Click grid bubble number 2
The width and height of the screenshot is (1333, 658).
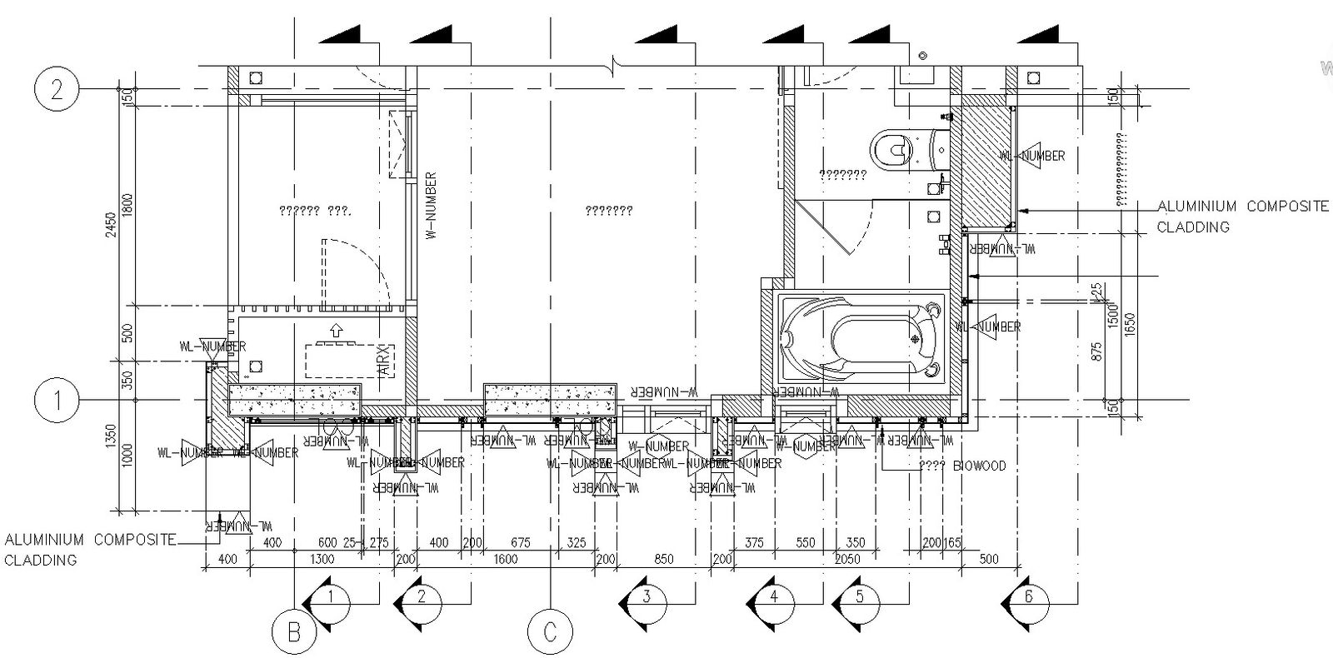pyautogui.click(x=57, y=88)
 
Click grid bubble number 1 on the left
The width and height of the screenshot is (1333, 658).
pyautogui.click(x=57, y=401)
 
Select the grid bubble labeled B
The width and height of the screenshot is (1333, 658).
pyautogui.click(x=294, y=633)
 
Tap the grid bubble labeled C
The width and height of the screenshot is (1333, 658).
pyautogui.click(x=550, y=633)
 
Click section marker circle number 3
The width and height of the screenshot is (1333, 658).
pyautogui.click(x=647, y=596)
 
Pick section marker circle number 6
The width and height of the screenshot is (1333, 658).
pyautogui.click(x=1029, y=596)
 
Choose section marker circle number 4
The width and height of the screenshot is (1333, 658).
pyautogui.click(x=775, y=596)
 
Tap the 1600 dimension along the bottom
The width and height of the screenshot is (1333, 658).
pyautogui.click(x=505, y=559)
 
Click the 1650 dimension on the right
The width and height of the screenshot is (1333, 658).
pyautogui.click(x=1131, y=323)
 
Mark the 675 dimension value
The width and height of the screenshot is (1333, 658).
pyautogui.click(x=519, y=543)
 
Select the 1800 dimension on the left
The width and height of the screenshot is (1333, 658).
pyautogui.click(x=127, y=205)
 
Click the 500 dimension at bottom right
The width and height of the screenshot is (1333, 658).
pyautogui.click(x=988, y=559)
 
